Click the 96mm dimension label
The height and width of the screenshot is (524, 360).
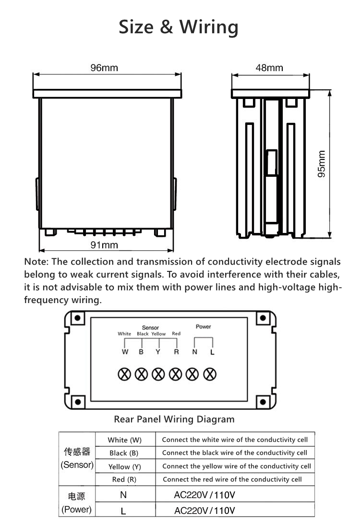click(x=104, y=68)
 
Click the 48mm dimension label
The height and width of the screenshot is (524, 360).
click(x=269, y=68)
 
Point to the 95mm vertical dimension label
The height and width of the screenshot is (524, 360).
click(x=322, y=164)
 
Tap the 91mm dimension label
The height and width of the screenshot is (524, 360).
click(x=104, y=245)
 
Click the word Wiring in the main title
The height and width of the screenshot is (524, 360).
click(x=209, y=27)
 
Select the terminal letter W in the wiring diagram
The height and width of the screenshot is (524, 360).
click(x=125, y=352)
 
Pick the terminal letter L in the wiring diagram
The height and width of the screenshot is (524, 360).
click(x=212, y=352)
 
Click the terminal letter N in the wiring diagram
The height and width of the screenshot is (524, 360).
click(x=194, y=352)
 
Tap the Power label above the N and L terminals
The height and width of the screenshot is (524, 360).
click(x=204, y=327)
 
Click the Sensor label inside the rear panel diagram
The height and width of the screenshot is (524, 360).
click(x=150, y=328)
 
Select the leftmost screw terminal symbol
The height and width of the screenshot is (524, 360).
click(x=124, y=374)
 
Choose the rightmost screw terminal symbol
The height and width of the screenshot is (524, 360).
click(x=210, y=374)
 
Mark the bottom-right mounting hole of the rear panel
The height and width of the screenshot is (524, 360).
click(x=262, y=401)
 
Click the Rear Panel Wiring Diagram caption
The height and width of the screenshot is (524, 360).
click(x=174, y=419)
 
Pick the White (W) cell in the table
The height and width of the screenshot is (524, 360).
click(x=125, y=440)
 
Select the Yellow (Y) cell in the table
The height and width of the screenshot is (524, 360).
click(x=125, y=466)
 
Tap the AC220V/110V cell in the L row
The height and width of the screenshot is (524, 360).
click(x=204, y=510)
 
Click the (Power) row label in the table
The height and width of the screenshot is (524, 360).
click(x=77, y=510)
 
